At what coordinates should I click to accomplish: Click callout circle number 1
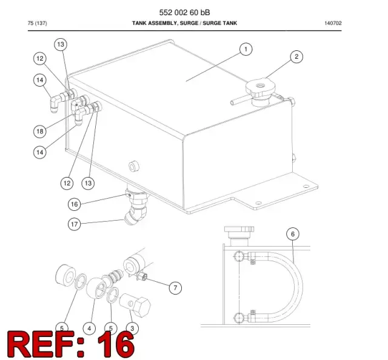[246, 50]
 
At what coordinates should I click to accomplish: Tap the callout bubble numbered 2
[296, 56]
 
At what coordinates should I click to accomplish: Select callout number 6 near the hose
[293, 234]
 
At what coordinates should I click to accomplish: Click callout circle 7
[175, 288]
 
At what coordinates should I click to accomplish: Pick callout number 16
[74, 204]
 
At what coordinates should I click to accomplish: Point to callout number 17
[74, 224]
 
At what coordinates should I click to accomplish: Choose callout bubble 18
[40, 131]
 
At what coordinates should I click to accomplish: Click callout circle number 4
[89, 328]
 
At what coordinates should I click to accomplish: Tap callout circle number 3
[132, 328]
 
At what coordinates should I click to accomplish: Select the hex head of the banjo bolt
[141, 307]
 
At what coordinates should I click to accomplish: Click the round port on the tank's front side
[134, 166]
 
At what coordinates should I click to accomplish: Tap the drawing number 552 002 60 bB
[184, 12]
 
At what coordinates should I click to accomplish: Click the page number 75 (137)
[37, 23]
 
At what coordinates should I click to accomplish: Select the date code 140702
[333, 23]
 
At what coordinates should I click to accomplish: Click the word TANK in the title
[139, 23]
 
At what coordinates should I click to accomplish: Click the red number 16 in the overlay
[116, 344]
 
